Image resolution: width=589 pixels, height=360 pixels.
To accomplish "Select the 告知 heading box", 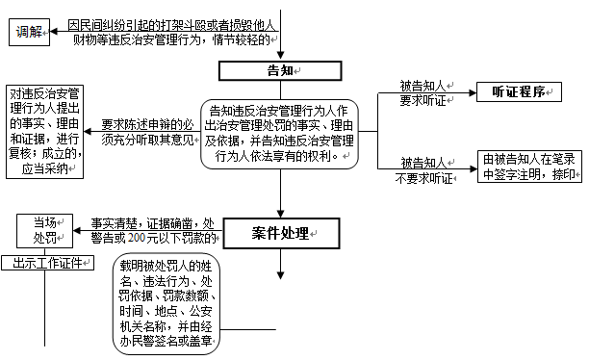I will point(279,70).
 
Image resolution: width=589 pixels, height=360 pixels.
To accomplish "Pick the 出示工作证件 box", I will point(46,264).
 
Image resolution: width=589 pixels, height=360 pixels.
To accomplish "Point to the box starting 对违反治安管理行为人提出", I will point(44,131).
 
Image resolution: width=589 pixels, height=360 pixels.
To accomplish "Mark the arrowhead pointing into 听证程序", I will point(471,93).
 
